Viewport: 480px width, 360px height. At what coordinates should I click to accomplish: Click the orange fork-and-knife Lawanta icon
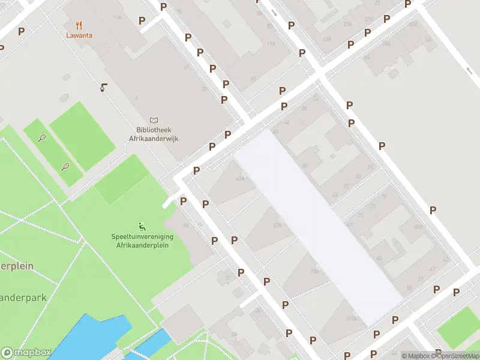(x=79, y=25)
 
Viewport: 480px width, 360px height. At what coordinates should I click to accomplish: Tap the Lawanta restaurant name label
(x=79, y=35)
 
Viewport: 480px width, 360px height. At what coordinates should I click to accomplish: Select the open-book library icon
(x=155, y=121)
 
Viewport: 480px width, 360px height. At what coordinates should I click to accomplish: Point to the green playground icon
(x=142, y=226)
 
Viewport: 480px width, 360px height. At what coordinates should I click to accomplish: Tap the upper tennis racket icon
(x=42, y=138)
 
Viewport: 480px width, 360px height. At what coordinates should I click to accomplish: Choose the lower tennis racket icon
(x=65, y=166)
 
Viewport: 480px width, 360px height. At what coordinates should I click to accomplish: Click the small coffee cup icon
(x=104, y=88)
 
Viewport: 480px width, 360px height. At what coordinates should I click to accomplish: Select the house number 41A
(x=241, y=178)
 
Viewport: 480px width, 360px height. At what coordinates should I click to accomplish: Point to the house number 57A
(x=277, y=226)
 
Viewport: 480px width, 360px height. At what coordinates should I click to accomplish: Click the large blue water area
(x=90, y=339)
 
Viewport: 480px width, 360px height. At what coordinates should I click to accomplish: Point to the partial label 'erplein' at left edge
(x=16, y=266)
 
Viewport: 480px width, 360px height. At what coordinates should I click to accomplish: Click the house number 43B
(x=327, y=39)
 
